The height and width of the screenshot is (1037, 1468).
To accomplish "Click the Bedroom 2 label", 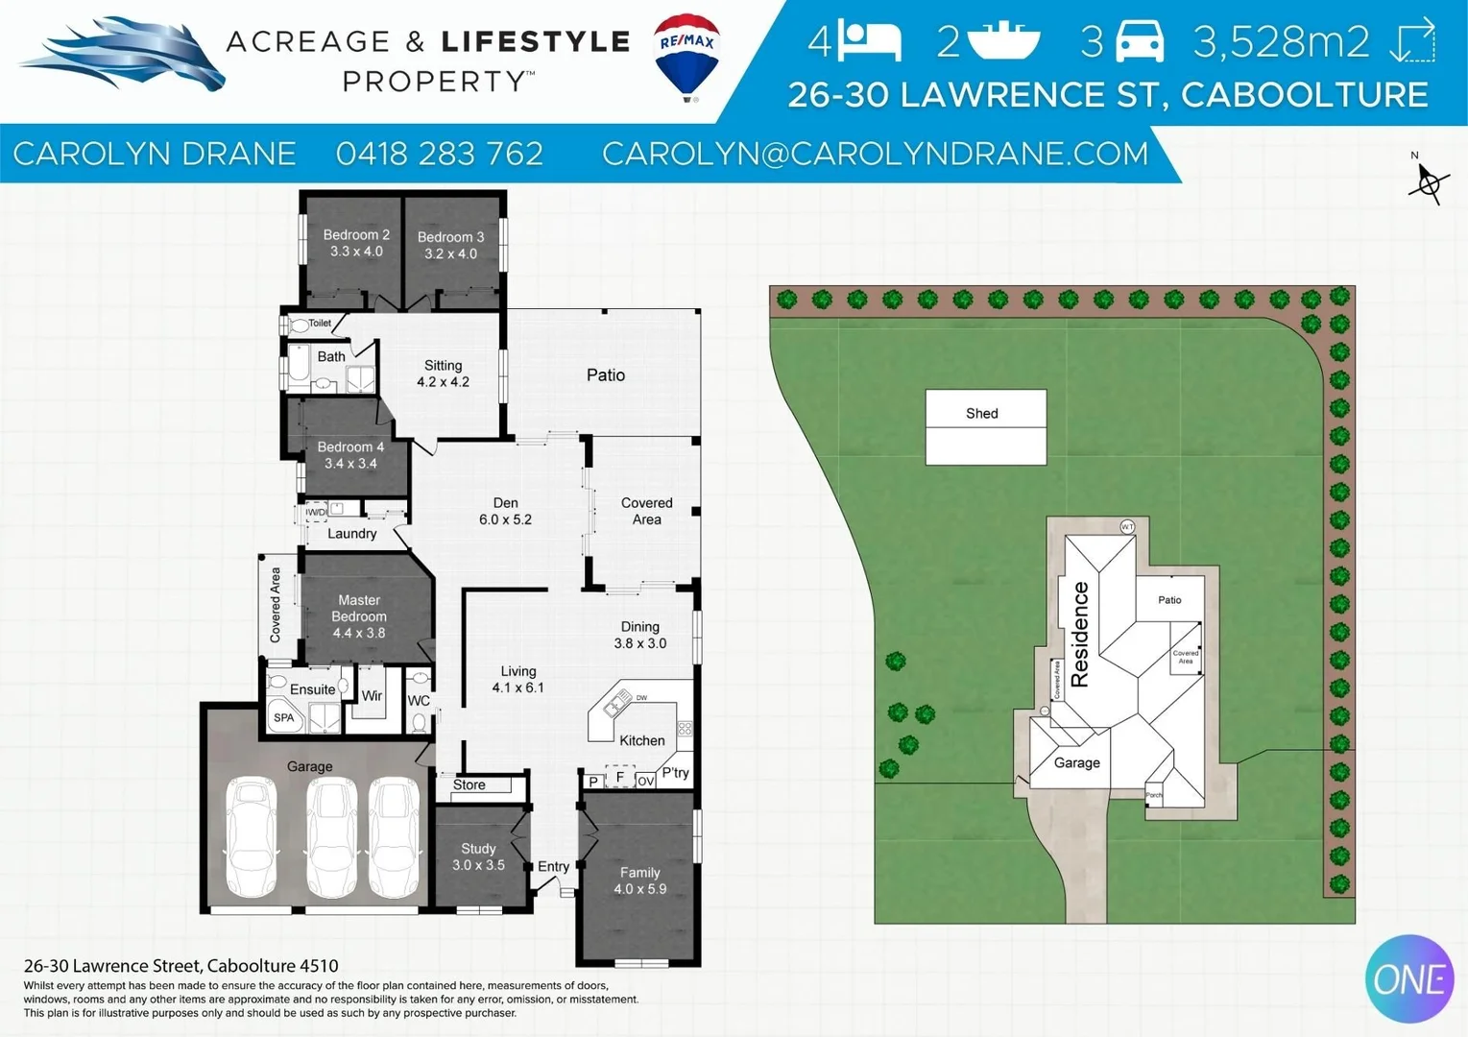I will pyautogui.click(x=356, y=234).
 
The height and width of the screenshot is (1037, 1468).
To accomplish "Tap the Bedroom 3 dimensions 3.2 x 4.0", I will pyautogui.click(x=450, y=254).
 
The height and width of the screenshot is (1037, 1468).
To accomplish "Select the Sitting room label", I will pyautogui.click(x=443, y=365).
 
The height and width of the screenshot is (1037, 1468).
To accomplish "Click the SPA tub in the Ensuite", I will pyautogui.click(x=284, y=717).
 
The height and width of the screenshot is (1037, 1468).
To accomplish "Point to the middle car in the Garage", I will pyautogui.click(x=331, y=838).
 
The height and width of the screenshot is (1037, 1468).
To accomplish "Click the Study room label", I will pyautogui.click(x=478, y=849).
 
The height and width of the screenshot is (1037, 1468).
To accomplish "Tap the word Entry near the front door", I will pyautogui.click(x=553, y=866).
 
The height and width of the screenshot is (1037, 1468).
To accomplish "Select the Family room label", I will pyautogui.click(x=639, y=873).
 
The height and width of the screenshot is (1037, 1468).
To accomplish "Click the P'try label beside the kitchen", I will pyautogui.click(x=675, y=773).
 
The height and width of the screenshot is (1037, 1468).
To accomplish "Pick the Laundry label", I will pyautogui.click(x=351, y=534).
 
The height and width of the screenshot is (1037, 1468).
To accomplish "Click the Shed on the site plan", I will pyautogui.click(x=985, y=426).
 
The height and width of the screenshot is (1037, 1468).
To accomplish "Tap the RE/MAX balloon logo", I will pyautogui.click(x=686, y=56).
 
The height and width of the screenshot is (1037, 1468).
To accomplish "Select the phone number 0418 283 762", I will pyautogui.click(x=440, y=154).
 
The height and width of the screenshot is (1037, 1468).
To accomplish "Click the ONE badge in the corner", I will pyautogui.click(x=1408, y=978).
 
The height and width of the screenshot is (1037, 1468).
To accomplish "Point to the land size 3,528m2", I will pyautogui.click(x=1281, y=41).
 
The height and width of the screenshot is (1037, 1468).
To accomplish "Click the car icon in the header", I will pyautogui.click(x=1141, y=41).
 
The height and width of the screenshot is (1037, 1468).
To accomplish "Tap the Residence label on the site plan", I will pyautogui.click(x=1080, y=634).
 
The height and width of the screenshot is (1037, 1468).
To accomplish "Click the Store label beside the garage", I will pyautogui.click(x=469, y=784).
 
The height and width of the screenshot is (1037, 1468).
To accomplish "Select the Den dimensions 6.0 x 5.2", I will pyautogui.click(x=505, y=519).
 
